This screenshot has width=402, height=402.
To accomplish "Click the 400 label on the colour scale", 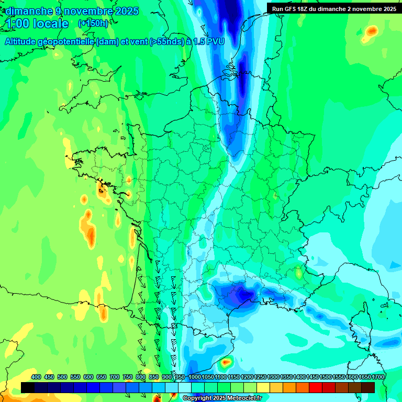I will (x=36, y=377).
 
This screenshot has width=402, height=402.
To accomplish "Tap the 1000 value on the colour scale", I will (x=195, y=377).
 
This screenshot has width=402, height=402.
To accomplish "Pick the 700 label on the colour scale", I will (x=115, y=377).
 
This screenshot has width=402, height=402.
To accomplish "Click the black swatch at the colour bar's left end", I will (x=28, y=387).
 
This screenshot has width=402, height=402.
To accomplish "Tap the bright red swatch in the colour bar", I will (x=316, y=387).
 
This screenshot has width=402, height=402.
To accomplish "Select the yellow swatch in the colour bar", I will (x=263, y=387).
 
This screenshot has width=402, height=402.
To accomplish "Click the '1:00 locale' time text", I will (x=37, y=24).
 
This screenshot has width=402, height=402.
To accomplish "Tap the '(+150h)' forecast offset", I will (x=93, y=24).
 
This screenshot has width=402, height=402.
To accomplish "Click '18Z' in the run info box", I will (x=305, y=9).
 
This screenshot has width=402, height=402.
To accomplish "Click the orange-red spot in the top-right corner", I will (x=372, y=31).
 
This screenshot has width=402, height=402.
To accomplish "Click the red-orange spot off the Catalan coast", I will (x=226, y=361).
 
